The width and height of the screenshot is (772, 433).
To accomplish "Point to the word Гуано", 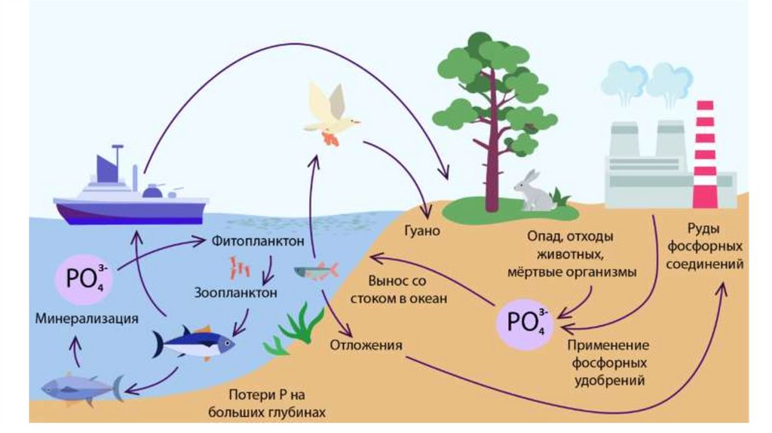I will [425, 231].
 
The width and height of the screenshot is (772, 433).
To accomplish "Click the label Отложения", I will [366, 345].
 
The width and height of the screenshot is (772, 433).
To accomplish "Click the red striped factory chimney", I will [704, 155].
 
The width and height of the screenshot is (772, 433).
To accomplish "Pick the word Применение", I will [606, 345].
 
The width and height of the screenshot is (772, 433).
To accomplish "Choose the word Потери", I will [251, 395].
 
